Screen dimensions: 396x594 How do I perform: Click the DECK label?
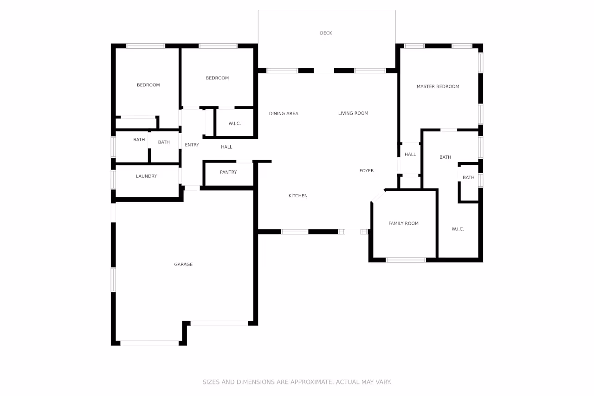(326, 33)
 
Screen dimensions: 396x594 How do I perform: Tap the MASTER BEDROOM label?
(438, 86)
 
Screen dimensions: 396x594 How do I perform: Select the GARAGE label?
(183, 264)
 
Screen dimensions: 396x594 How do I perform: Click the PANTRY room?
(228, 172)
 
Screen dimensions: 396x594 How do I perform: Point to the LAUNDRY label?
(146, 176)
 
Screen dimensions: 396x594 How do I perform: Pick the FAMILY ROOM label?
(403, 223)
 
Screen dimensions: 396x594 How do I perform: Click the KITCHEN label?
(298, 196)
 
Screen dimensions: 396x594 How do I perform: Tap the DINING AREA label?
(284, 113)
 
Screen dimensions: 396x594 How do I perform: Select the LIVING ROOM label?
(353, 113)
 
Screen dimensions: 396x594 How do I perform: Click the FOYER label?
(366, 171)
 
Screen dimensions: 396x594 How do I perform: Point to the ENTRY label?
(192, 145)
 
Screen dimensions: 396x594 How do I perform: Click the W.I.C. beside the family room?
(458, 229)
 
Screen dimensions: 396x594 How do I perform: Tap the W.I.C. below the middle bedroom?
(234, 123)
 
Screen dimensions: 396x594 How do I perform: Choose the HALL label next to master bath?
(410, 155)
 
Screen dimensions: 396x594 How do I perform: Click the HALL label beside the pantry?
(226, 147)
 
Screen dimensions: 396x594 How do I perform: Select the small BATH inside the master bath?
(468, 178)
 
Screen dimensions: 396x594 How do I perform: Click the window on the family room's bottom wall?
(406, 260)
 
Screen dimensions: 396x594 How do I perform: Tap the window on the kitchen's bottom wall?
(295, 231)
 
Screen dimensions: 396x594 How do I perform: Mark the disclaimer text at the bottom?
(297, 382)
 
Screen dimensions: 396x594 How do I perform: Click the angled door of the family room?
(378, 196)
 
